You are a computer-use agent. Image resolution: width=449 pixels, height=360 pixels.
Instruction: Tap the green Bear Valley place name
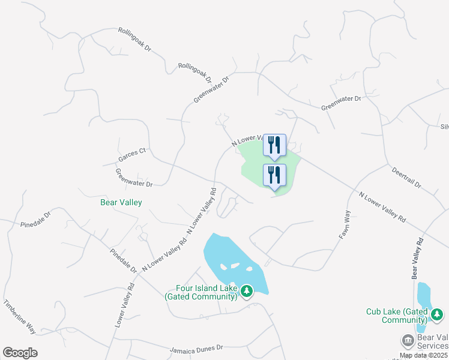coord(121,203)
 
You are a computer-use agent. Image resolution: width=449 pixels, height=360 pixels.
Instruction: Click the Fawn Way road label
coord(344,226)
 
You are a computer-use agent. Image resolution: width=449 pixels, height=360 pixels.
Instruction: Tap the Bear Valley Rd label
coord(417,258)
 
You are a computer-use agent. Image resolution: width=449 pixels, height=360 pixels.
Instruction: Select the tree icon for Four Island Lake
coord(246,292)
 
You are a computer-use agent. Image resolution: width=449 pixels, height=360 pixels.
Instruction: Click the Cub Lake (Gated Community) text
coord(397,316)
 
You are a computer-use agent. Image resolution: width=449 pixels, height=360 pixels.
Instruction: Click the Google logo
coord(20,353)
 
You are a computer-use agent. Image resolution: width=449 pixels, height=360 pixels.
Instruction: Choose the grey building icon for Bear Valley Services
coord(407,341)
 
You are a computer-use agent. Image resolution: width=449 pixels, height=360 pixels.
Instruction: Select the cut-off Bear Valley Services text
coord(432,341)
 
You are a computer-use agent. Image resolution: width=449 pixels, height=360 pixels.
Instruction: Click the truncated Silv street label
coord(444,127)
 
